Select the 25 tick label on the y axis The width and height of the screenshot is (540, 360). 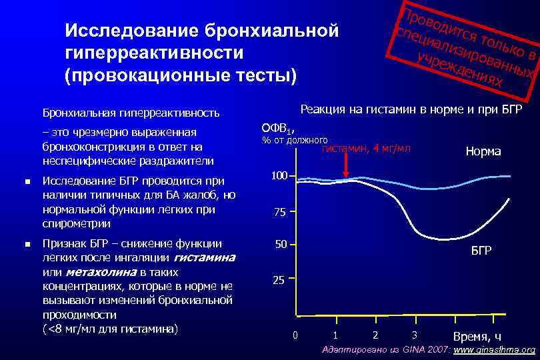(278, 281)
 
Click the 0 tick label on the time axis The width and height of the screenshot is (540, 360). (296, 335)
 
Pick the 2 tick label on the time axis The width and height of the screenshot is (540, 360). (375, 335)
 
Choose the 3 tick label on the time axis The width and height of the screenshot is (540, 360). (415, 335)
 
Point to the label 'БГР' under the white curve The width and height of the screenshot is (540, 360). (481, 251)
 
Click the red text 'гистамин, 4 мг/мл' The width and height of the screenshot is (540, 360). (366, 147)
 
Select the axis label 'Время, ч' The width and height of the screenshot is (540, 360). (477, 336)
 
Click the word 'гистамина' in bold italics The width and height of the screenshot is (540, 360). (204, 257)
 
